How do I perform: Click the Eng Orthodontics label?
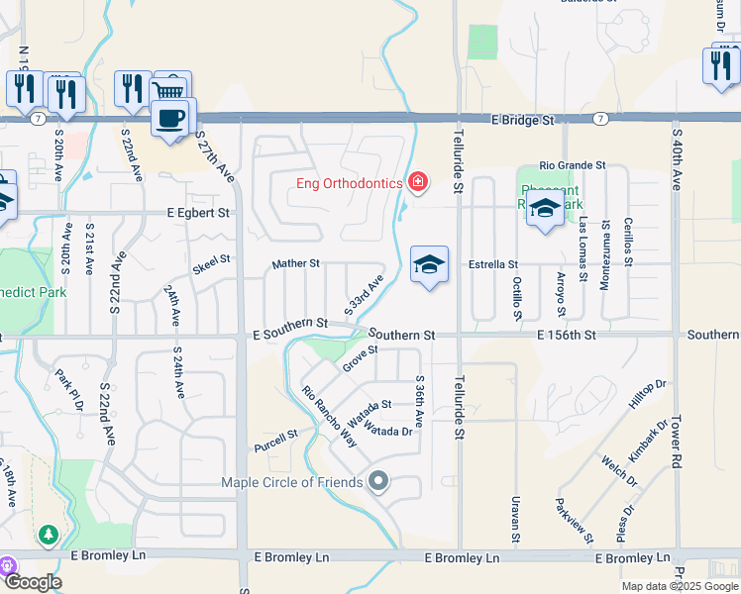[350, 183]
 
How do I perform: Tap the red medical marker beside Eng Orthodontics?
[418, 182]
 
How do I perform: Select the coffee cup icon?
[173, 118]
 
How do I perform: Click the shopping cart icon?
[170, 89]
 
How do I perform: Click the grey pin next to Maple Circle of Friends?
[377, 482]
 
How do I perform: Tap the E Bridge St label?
[523, 120]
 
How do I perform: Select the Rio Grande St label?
[573, 165]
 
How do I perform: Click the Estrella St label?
[493, 264]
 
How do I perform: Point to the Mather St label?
[296, 264]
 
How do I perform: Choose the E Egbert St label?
[198, 212]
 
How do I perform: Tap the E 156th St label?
[568, 336]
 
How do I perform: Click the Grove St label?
[361, 358]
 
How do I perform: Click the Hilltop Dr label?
[647, 394]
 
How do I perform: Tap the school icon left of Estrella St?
[429, 264]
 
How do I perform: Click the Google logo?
[33, 582]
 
